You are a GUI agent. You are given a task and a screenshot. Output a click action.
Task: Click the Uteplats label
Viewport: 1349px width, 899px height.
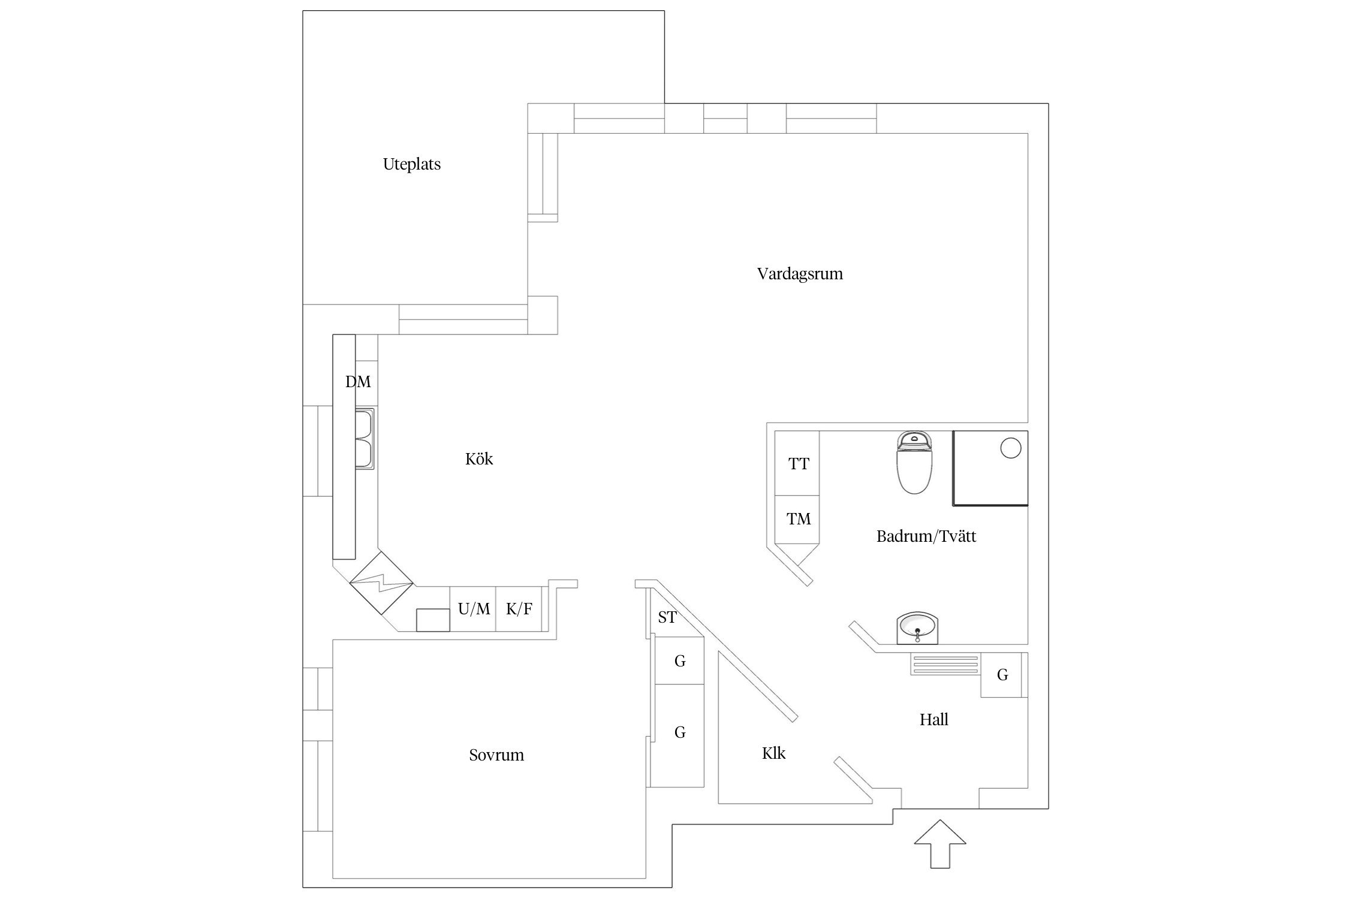[411, 164]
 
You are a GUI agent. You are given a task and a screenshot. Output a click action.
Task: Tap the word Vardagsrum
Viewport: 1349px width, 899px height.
[799, 274]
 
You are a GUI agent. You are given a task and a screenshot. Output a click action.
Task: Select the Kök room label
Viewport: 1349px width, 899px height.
[478, 459]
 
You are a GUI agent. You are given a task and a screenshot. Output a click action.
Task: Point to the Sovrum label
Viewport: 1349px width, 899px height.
[496, 755]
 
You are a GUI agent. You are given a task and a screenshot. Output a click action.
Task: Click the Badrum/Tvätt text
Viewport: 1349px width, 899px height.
[926, 536]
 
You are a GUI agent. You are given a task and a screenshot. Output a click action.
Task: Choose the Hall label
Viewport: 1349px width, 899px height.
[934, 720]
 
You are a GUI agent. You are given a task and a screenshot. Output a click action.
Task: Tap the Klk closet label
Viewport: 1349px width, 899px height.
[773, 753]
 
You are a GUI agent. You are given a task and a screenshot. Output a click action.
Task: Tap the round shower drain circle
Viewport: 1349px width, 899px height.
[1011, 448]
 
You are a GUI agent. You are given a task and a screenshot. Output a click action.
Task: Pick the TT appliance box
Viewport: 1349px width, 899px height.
[797, 463]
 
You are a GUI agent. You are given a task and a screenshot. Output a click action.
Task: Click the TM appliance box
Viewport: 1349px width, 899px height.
[797, 519]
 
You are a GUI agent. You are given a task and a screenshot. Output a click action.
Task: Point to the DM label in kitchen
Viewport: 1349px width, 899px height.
[358, 382]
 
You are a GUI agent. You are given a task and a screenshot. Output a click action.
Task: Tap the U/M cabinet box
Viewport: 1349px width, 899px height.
[473, 610]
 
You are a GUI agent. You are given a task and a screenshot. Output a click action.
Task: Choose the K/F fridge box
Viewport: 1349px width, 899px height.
[519, 610]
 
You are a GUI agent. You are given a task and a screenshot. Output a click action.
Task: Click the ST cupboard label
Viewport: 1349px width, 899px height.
[667, 617]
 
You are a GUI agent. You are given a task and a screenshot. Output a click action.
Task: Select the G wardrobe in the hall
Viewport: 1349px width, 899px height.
[1002, 675]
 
